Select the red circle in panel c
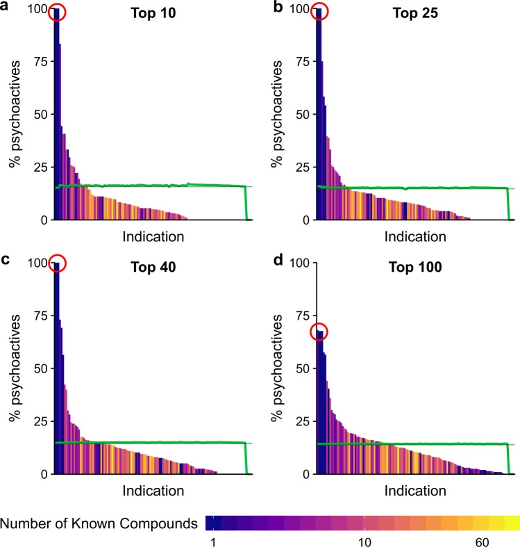(56, 263)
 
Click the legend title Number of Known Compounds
(100, 523)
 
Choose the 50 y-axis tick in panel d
(297, 368)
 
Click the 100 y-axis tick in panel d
(294, 262)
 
